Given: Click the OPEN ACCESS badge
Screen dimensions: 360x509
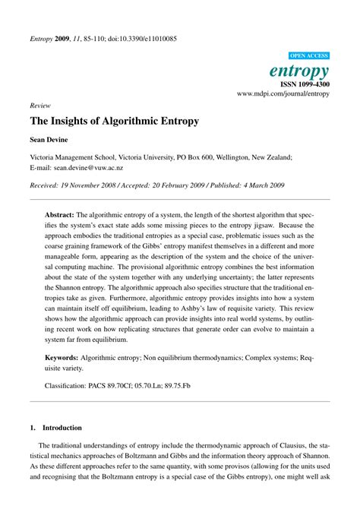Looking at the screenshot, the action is (x=309, y=56).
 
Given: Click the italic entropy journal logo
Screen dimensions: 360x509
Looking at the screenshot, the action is (x=301, y=71).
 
